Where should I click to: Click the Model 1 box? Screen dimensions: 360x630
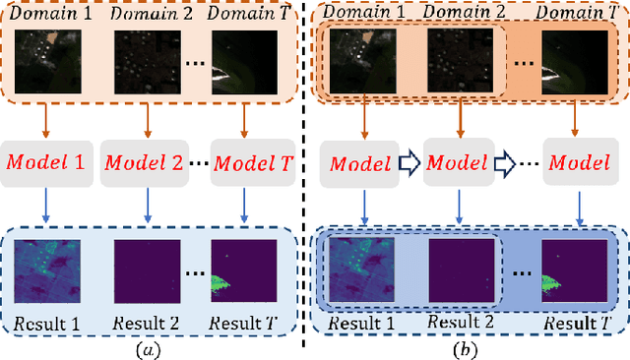[x=46, y=160]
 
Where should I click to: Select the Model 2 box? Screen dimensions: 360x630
[x=145, y=160]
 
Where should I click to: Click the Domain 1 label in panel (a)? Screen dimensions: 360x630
[x=43, y=12]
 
